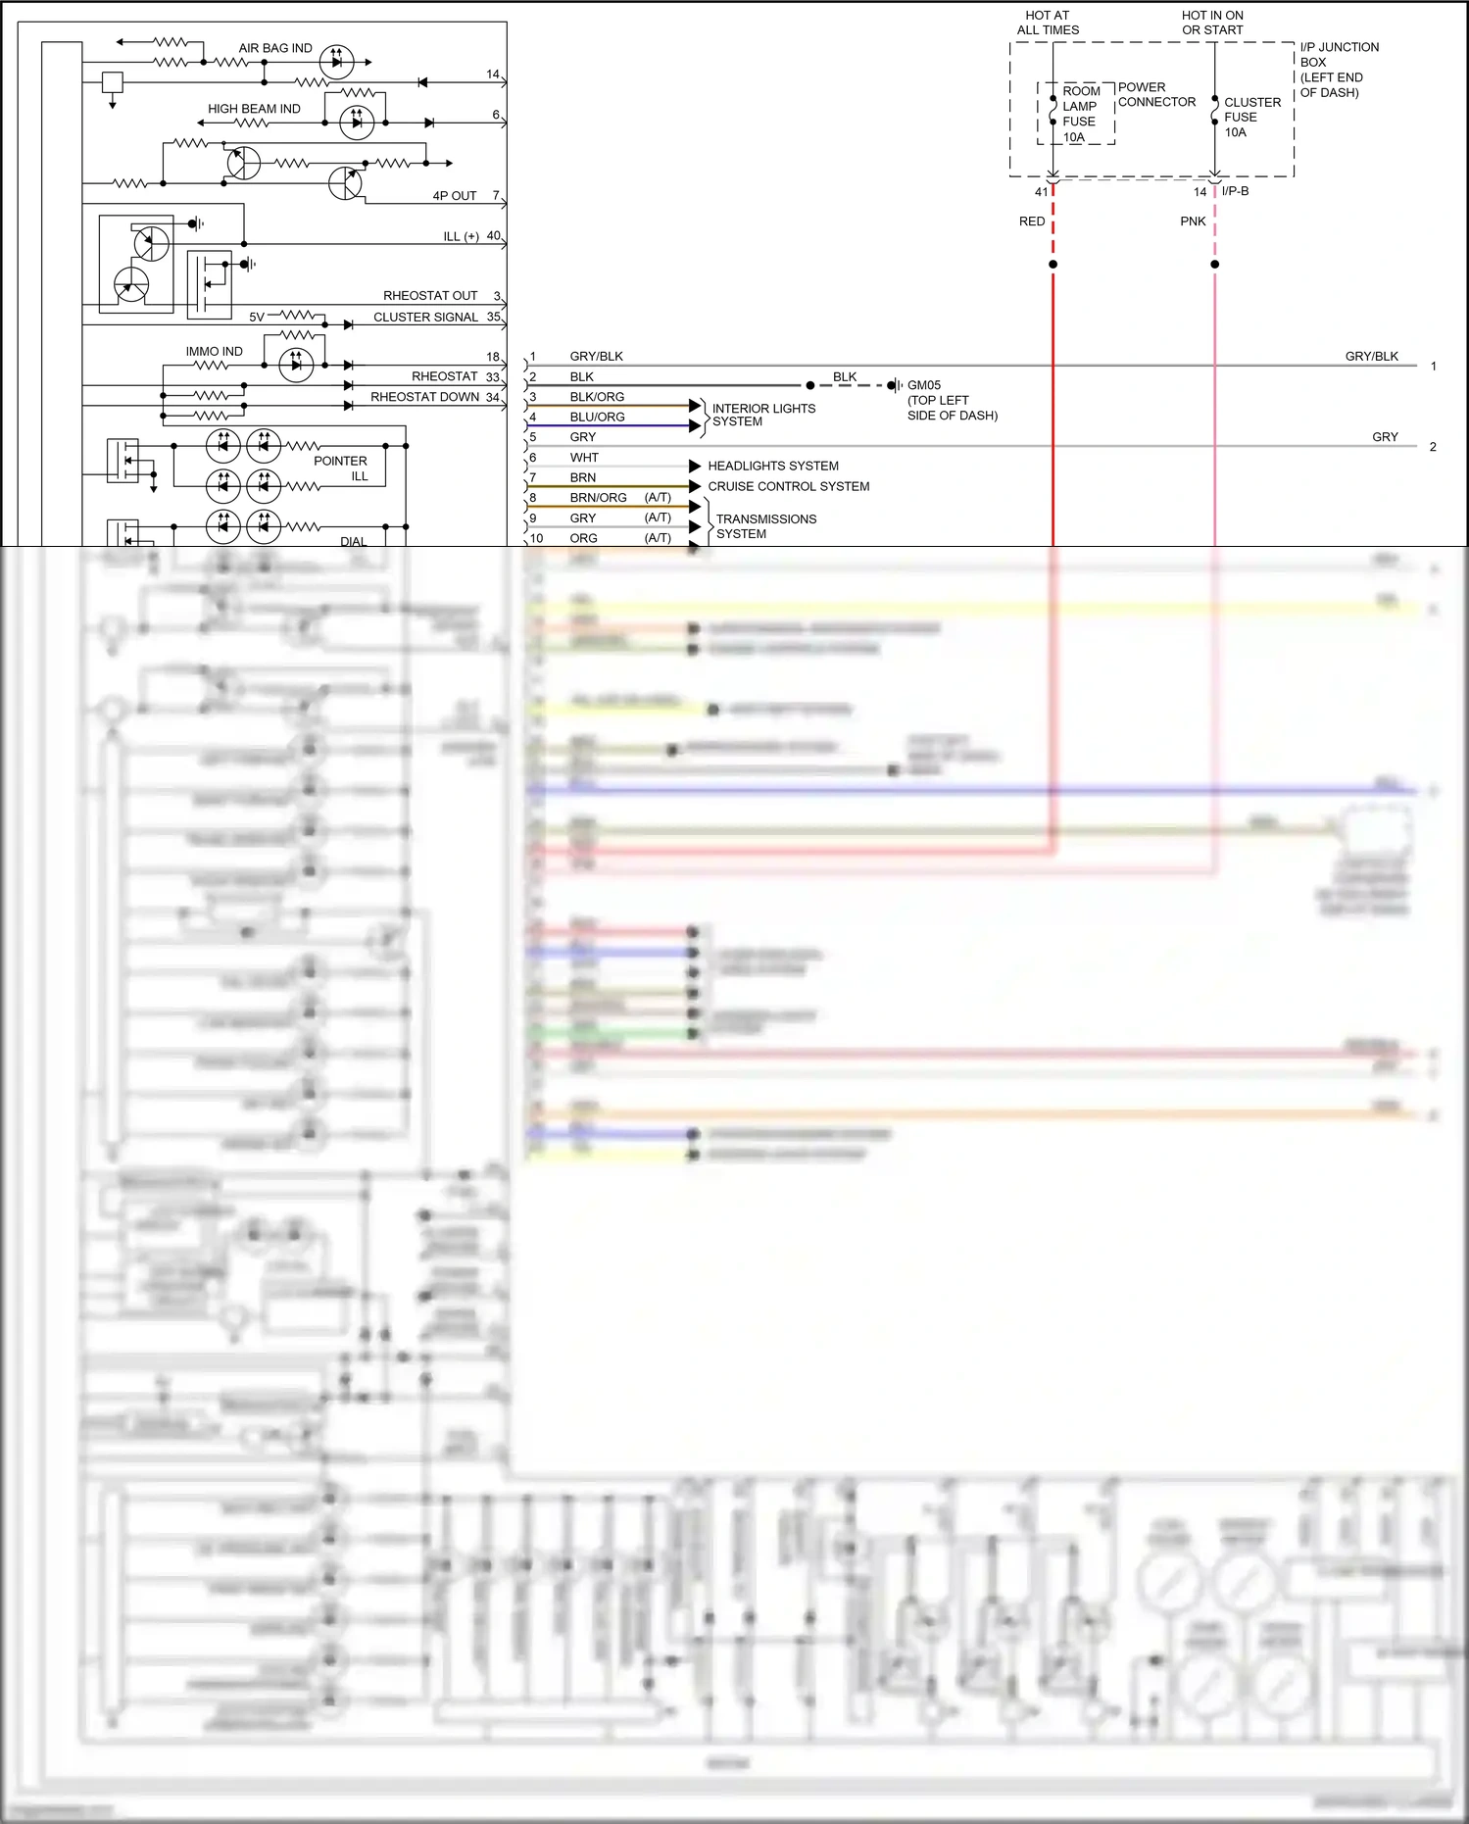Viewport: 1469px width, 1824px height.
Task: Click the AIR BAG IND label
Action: [x=275, y=48]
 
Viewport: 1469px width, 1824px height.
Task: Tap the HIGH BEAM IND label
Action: [x=254, y=109]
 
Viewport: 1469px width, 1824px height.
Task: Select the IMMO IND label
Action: [x=214, y=351]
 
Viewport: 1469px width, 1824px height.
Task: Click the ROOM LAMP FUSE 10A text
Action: [x=1079, y=114]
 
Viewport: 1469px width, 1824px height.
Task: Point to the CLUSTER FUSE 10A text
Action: [x=1250, y=117]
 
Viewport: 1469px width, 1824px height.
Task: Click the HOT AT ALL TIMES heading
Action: [x=1047, y=23]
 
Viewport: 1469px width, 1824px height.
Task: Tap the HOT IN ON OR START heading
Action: [x=1212, y=23]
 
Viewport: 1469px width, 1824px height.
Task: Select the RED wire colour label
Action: [x=1031, y=222]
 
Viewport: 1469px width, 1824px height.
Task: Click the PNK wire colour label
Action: [x=1193, y=222]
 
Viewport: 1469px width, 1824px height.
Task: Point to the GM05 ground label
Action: [x=924, y=385]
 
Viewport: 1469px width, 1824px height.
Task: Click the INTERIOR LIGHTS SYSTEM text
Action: [x=762, y=415]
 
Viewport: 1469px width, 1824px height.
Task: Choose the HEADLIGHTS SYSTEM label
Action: [x=772, y=466]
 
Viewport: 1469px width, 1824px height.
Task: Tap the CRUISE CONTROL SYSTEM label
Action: [x=788, y=486]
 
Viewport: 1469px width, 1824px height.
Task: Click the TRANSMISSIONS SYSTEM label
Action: [x=765, y=526]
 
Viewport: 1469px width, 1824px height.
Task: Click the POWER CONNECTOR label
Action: [x=1156, y=94]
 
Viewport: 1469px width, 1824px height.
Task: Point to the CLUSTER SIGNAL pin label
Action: [x=425, y=317]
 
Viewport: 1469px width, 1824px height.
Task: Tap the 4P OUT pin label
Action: [x=455, y=196]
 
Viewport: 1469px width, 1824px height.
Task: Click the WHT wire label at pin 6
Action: [x=584, y=458]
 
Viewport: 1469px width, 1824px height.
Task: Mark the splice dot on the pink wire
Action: [x=1214, y=264]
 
